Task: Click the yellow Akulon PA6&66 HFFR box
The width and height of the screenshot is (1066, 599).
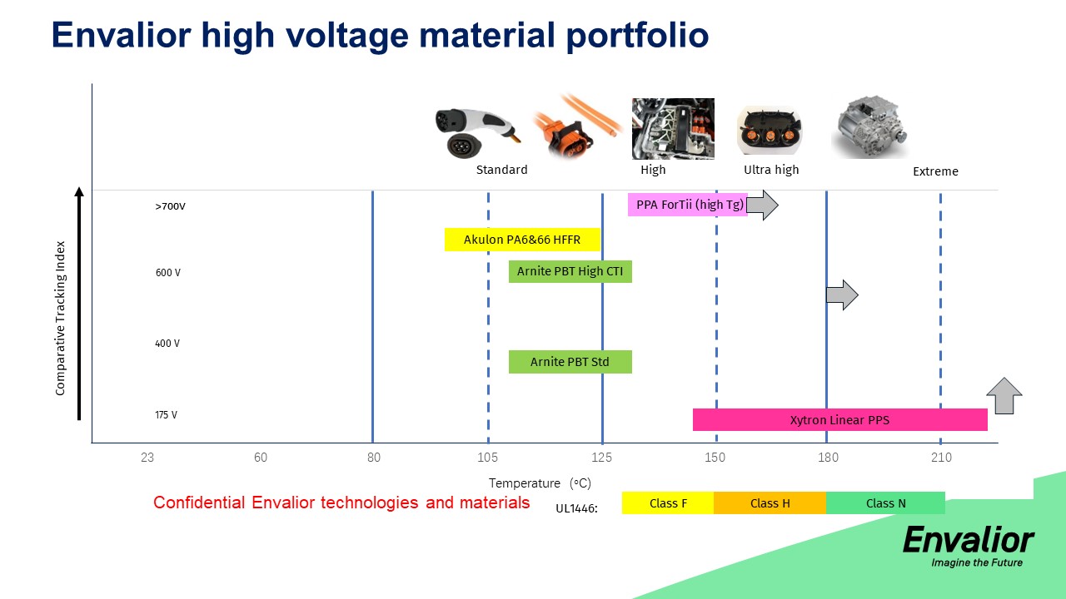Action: point(522,240)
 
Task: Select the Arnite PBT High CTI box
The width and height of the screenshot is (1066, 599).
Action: point(570,271)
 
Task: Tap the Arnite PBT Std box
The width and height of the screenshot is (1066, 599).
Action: point(570,362)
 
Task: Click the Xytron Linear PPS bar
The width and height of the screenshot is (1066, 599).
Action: point(840,420)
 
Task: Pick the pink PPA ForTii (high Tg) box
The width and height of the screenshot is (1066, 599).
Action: point(688,205)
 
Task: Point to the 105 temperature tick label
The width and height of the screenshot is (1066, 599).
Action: point(487,458)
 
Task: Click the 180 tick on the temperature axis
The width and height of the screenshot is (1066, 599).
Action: point(828,458)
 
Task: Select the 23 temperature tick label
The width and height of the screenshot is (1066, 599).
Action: point(147,458)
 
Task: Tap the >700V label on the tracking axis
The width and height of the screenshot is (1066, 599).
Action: point(171,206)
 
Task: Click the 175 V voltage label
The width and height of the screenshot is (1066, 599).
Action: point(166,414)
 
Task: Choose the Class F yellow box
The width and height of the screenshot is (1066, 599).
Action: point(668,503)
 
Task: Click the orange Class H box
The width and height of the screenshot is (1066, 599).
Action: point(770,503)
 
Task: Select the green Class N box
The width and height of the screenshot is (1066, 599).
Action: point(885,503)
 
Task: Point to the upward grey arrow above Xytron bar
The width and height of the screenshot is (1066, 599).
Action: point(1004,396)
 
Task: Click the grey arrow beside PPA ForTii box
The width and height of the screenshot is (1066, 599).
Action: point(762,205)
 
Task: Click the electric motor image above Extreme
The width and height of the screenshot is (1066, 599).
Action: point(871,126)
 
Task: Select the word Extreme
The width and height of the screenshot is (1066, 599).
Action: point(935,171)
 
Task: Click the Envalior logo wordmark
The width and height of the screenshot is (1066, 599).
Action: point(969,540)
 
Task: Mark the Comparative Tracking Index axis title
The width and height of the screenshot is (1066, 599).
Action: point(60,318)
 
